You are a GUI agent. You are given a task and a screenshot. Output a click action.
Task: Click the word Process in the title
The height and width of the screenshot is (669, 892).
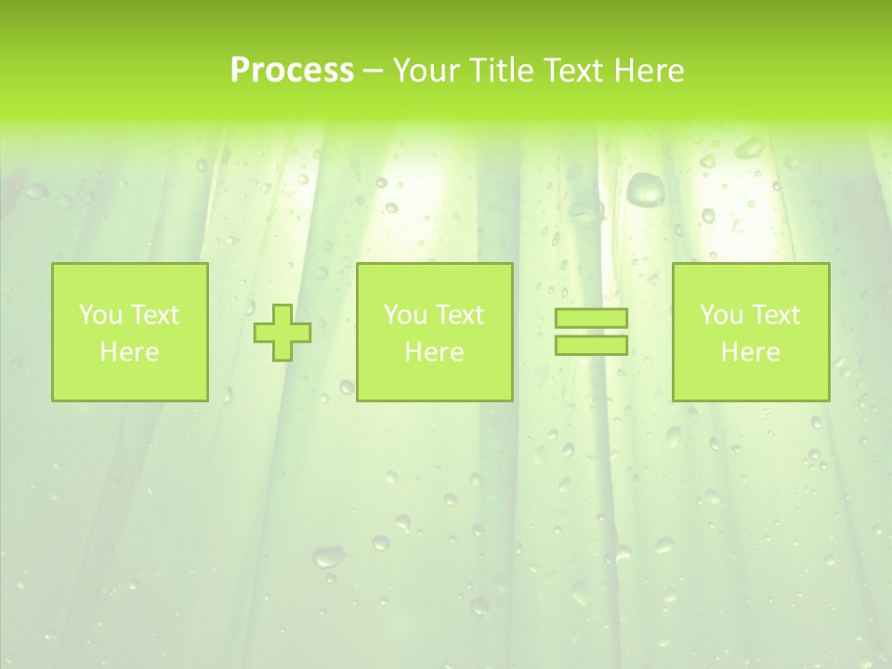tap(292, 71)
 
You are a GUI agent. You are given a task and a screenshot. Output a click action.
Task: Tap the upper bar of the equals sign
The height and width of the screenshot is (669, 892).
tap(591, 318)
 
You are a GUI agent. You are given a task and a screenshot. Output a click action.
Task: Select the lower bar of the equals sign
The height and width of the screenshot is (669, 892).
tap(591, 345)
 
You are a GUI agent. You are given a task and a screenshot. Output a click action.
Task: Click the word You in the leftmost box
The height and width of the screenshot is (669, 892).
tap(100, 315)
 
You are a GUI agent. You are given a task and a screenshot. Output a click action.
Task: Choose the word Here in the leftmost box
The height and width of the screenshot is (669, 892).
tap(129, 352)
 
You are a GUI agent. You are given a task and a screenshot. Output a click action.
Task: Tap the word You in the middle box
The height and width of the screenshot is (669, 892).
tap(405, 315)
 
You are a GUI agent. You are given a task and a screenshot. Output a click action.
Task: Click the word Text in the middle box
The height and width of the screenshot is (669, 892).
tap(459, 315)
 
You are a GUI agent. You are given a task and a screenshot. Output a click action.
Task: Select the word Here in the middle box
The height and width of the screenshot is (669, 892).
tap(434, 352)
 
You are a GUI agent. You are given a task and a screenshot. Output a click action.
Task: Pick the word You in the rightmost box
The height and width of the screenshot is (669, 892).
tap(721, 315)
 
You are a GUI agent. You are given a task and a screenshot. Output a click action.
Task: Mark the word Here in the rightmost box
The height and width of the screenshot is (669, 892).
tap(750, 352)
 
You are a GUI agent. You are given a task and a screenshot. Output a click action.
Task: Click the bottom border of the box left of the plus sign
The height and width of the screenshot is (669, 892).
tap(129, 400)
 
